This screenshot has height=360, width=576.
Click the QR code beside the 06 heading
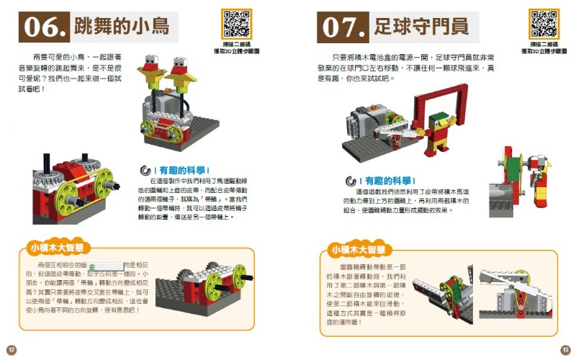[236, 25]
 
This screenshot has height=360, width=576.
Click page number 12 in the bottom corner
[12, 349]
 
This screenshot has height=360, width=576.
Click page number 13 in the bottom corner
[565, 349]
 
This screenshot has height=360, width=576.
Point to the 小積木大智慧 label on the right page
[356, 250]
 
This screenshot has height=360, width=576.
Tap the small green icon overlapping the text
[101, 266]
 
